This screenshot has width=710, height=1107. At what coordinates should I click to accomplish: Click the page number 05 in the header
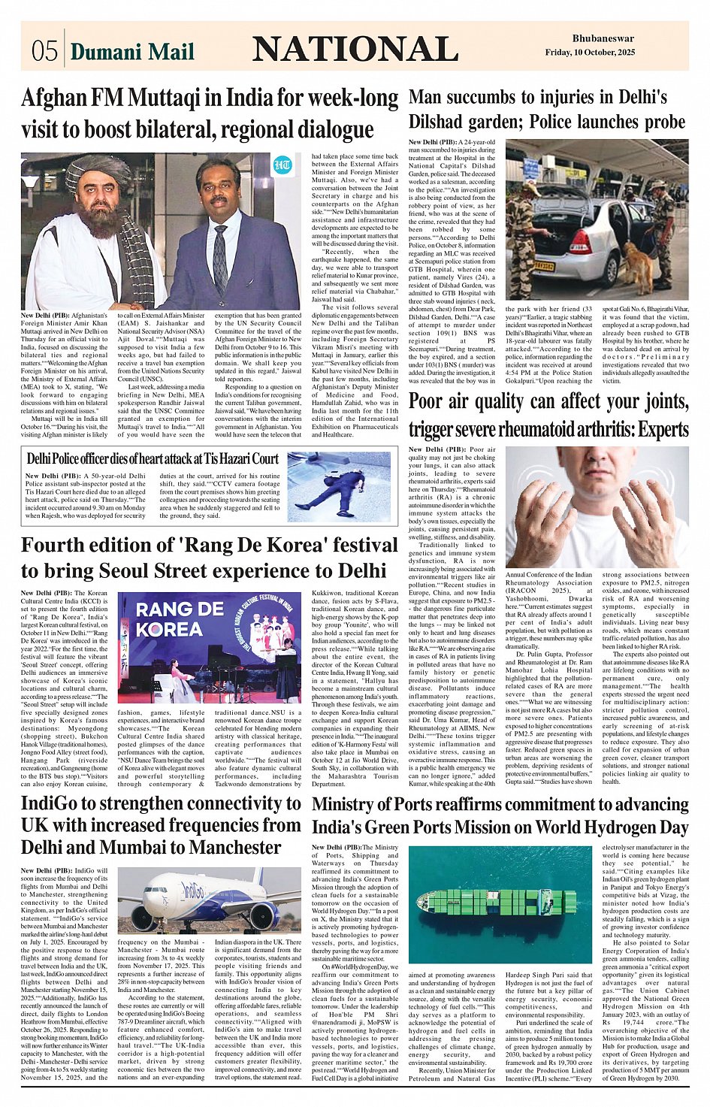point(44,50)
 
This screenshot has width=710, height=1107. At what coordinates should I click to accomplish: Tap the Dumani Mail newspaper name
point(132,51)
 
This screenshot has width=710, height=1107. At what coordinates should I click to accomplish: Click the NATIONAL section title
point(355,50)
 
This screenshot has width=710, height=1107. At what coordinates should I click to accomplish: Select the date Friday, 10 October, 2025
point(590,53)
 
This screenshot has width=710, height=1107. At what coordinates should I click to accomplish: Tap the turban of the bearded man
point(91,171)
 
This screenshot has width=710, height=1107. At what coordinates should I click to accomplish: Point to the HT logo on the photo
point(282,166)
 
